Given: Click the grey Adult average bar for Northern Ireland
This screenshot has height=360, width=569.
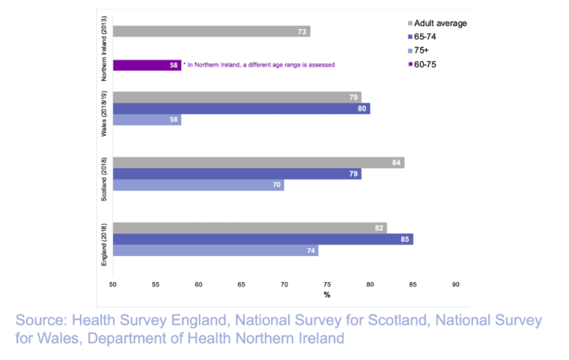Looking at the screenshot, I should (211, 31).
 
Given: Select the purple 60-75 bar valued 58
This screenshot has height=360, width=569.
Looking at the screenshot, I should (146, 65).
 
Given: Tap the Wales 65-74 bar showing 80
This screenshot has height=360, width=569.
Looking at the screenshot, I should (241, 109).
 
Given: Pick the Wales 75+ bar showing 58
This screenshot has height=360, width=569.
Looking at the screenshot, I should (146, 120).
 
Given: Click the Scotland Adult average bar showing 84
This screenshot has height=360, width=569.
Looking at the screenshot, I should (258, 163).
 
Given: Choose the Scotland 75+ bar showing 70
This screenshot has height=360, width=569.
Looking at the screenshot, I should (198, 186).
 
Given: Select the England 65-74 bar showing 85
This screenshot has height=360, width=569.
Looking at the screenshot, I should (263, 240).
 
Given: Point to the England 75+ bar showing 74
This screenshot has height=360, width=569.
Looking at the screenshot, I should (216, 251).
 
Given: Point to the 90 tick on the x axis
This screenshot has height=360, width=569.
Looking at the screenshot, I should (455, 284).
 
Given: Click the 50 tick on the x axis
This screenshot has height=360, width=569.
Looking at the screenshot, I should (113, 284).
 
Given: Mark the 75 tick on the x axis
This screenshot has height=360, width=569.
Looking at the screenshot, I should (327, 284).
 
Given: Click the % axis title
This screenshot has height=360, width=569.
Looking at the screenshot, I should (327, 295).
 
